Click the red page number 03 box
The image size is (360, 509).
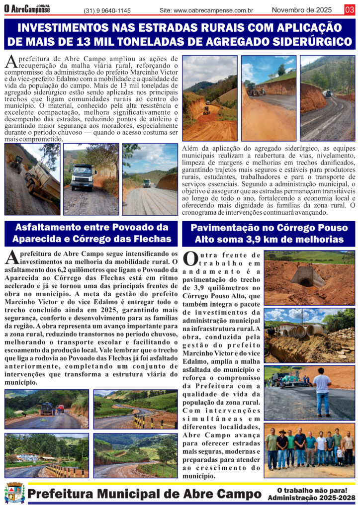350,9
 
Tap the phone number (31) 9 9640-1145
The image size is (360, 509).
107,10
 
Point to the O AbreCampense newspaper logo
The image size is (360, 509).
27,9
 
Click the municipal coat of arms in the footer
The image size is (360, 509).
14,493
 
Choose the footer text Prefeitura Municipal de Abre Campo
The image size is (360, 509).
145,494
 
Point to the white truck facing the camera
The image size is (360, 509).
83,176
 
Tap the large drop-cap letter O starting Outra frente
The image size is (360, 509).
191,258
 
